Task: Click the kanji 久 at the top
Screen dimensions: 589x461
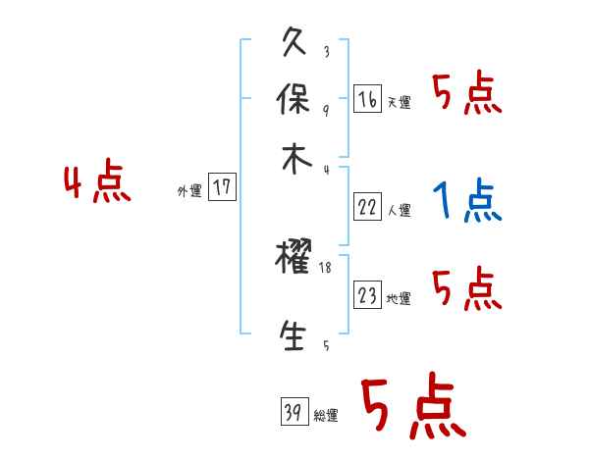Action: (294, 44)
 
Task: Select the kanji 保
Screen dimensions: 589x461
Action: (294, 99)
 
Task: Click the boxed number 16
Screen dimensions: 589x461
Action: (367, 99)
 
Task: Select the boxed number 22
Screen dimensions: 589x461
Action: (367, 206)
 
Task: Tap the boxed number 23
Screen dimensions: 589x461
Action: (367, 294)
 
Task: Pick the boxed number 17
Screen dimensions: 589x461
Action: (223, 187)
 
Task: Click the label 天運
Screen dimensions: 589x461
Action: (399, 103)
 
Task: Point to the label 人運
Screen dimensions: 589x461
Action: (399, 210)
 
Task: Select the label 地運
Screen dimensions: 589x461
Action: (399, 299)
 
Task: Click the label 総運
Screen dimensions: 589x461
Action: (325, 417)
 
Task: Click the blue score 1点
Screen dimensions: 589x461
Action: (466, 202)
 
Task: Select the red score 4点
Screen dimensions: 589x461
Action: (97, 184)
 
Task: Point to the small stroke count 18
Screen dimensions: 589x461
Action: (327, 267)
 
